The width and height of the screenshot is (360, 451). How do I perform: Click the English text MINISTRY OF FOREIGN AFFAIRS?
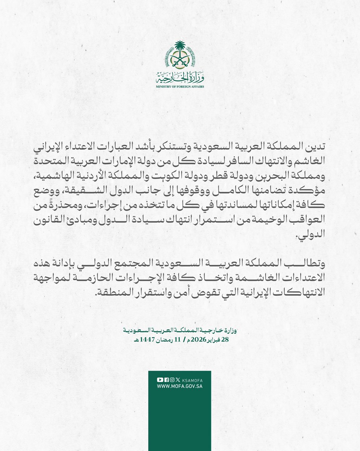click(180, 86)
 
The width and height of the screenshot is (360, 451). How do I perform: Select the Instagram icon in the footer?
click(172, 380)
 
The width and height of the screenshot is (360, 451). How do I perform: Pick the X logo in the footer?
click(178, 380)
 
